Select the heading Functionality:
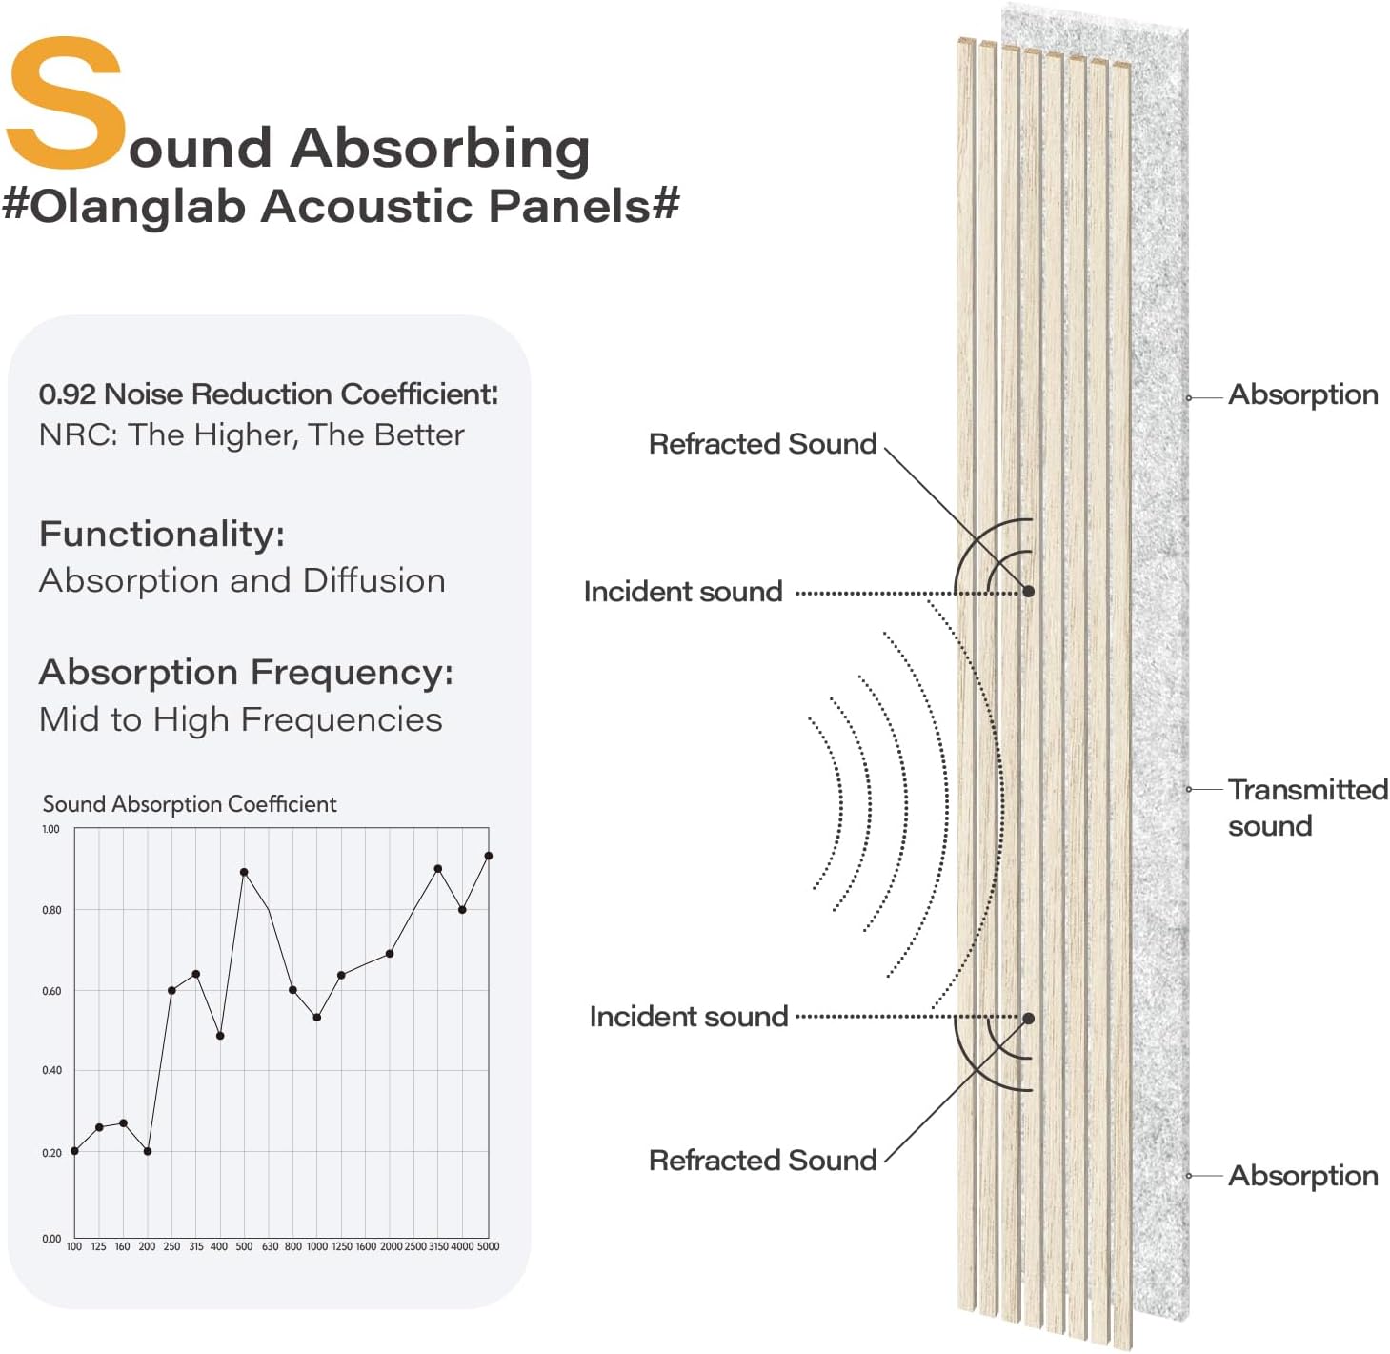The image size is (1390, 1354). (162, 534)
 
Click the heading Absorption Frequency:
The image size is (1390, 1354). (246, 672)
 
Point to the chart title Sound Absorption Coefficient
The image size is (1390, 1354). (189, 804)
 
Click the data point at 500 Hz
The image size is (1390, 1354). (244, 872)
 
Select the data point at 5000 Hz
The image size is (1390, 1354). (489, 856)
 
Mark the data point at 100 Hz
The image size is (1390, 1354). (74, 1151)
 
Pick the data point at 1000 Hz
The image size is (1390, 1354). (316, 1018)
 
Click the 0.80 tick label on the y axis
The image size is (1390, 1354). (51, 910)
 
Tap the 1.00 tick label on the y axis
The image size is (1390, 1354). (50, 829)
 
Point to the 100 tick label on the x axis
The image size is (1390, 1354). (74, 1246)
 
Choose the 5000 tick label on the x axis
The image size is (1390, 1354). (488, 1246)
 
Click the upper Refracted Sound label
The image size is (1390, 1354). (762, 444)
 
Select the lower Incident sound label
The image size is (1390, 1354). (688, 1017)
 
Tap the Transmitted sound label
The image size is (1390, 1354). (1306, 807)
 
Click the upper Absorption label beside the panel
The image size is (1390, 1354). (1302, 394)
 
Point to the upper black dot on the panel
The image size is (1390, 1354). (1028, 592)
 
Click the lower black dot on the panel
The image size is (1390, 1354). (1028, 1019)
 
